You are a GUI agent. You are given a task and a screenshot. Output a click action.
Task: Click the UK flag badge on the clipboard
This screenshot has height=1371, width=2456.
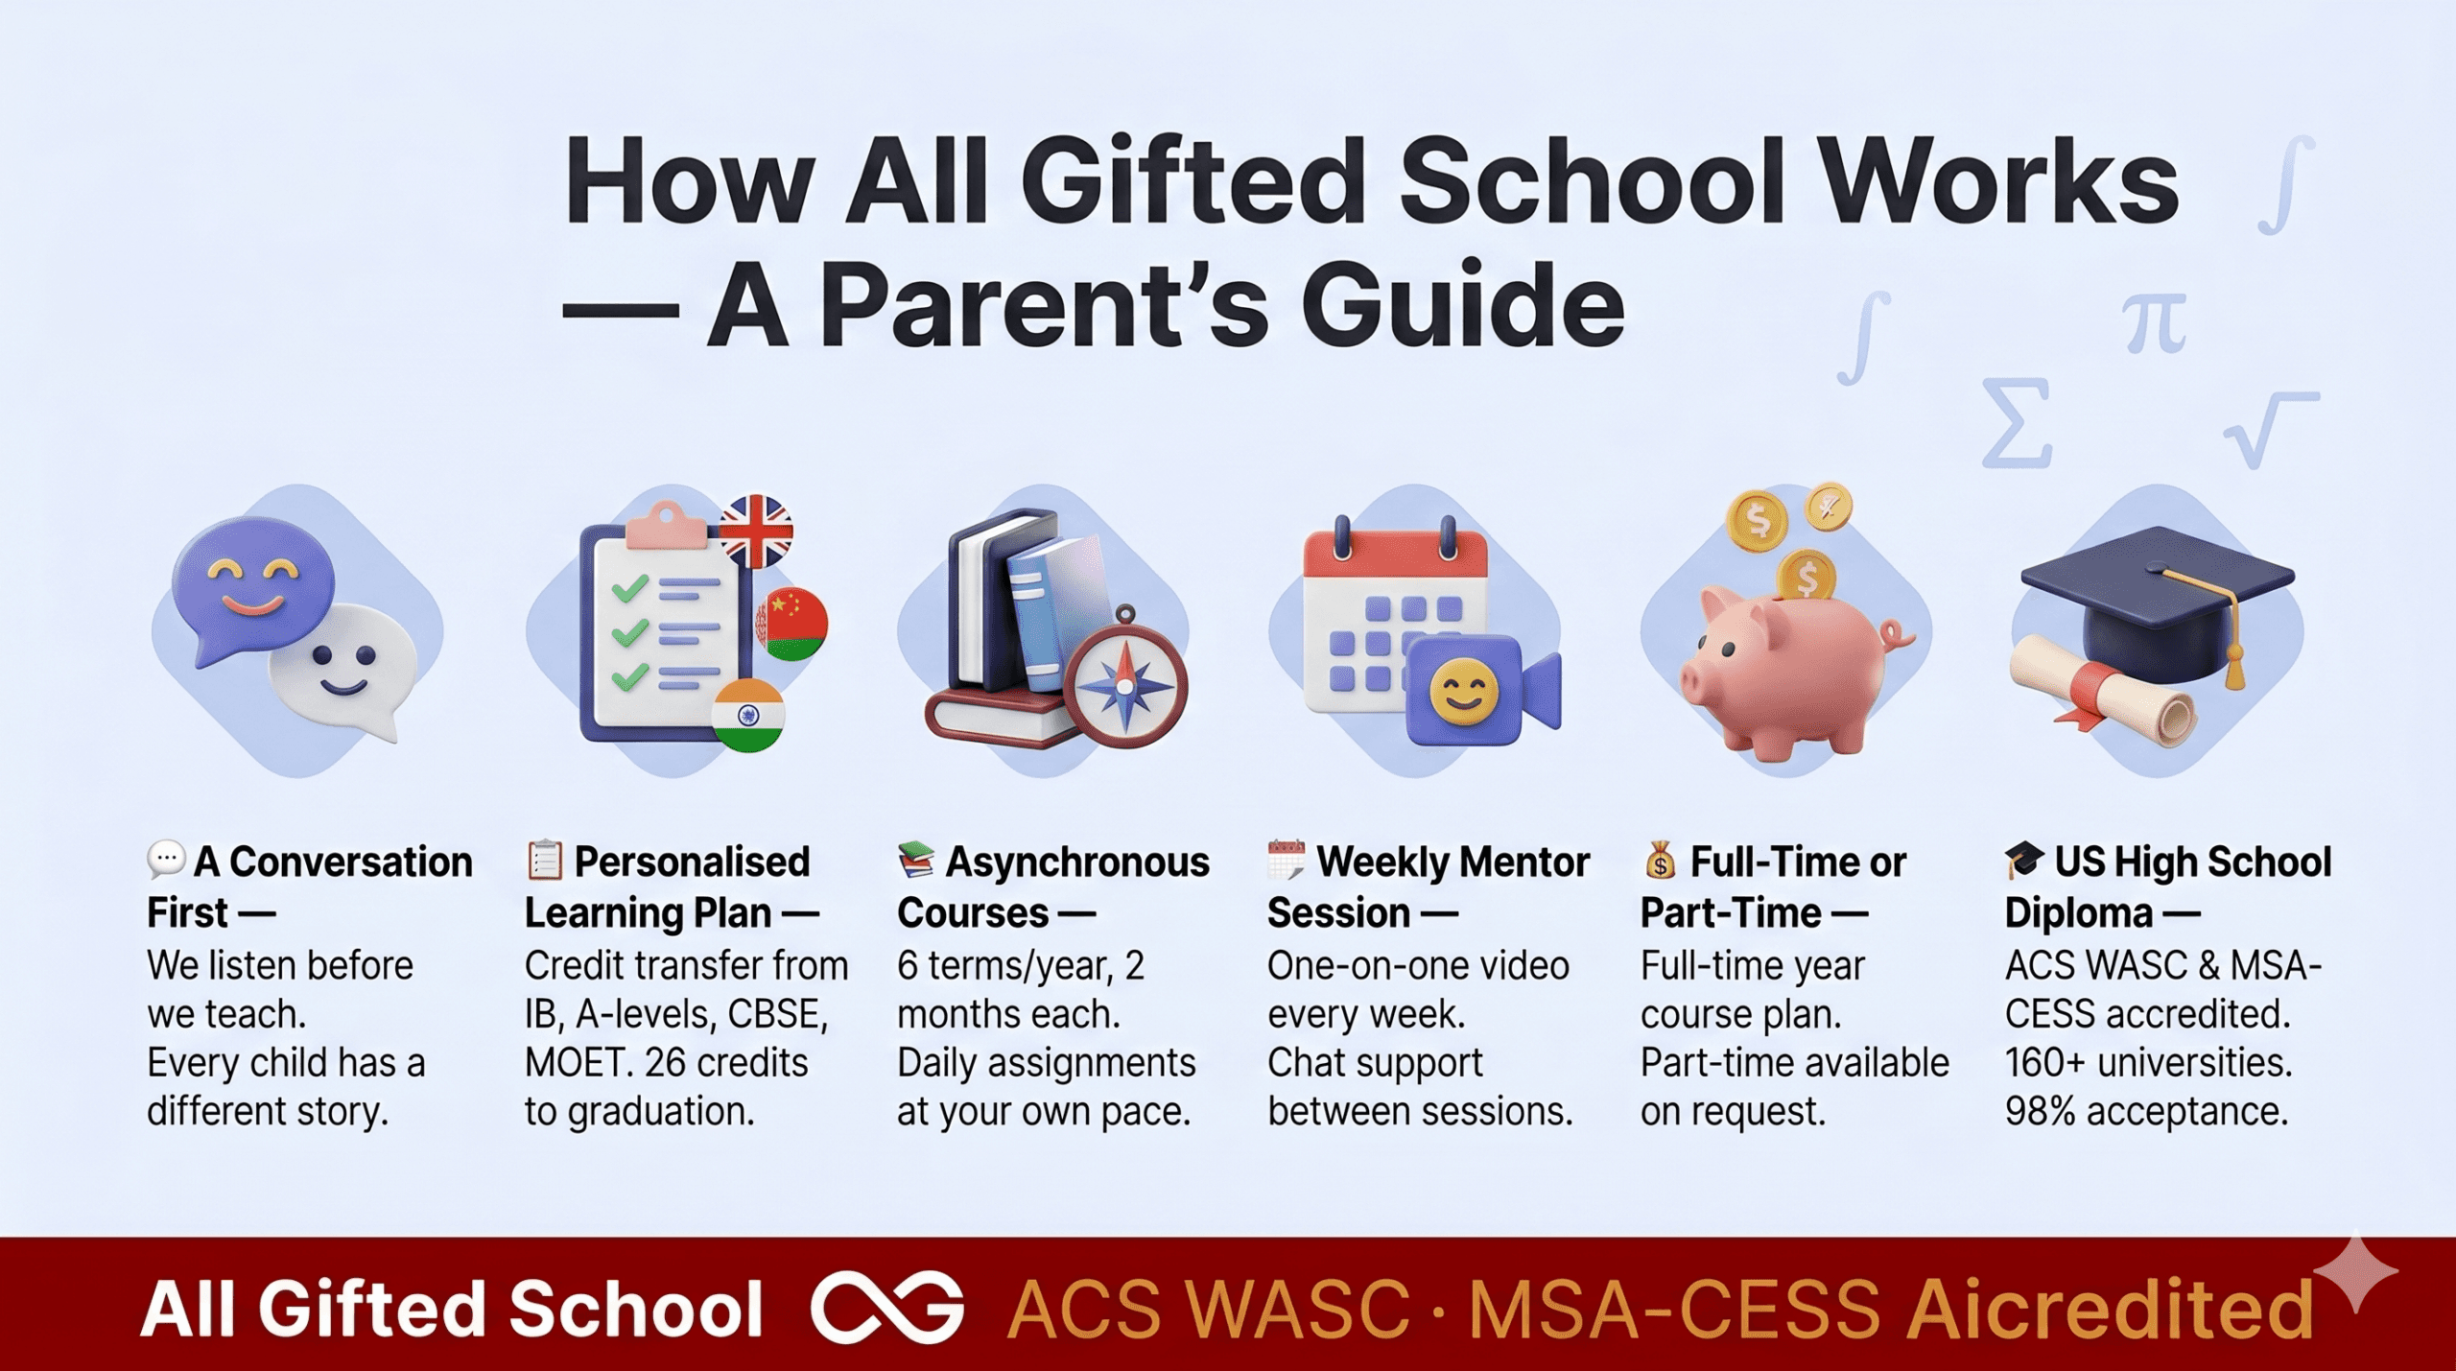[x=756, y=531]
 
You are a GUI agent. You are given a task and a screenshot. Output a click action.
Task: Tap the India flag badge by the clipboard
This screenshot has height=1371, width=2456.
[x=748, y=715]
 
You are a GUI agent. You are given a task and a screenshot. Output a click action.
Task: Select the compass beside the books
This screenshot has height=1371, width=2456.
[x=1126, y=683]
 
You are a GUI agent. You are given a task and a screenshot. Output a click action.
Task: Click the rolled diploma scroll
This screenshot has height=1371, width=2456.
[x=2101, y=691]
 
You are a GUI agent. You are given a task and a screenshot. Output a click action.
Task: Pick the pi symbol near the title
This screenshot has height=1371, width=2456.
[x=2153, y=324]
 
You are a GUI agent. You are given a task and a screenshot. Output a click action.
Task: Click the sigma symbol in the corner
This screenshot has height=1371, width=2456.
[x=2017, y=423]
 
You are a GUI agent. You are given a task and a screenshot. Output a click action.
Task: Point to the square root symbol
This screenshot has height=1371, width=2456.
[x=2268, y=428]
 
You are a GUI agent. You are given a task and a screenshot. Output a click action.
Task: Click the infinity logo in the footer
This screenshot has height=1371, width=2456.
[x=886, y=1307]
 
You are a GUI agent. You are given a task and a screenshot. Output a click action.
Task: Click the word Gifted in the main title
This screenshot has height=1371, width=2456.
[x=1192, y=181]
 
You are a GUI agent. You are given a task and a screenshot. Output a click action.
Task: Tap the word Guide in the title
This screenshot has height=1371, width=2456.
[x=1461, y=305]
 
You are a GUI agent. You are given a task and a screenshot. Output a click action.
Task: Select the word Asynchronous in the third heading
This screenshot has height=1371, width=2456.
[x=1076, y=862]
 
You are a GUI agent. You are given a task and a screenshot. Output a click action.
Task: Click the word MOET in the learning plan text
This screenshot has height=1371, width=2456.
[x=572, y=1063]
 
